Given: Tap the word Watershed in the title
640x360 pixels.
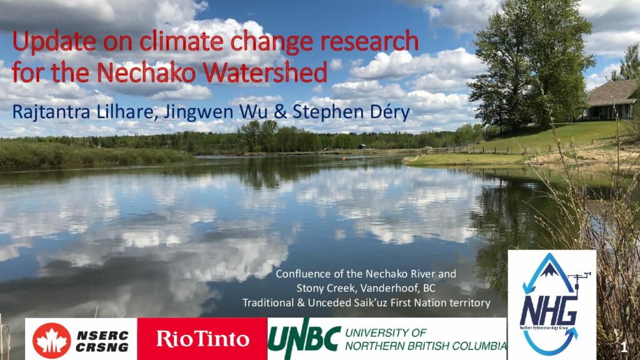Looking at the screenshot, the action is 265,72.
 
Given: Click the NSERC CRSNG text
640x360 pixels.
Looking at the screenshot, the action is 102,342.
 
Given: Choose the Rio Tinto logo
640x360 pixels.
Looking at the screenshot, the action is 202,339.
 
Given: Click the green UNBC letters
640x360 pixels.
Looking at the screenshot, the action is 304,339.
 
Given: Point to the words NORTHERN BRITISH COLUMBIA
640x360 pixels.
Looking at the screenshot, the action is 425,346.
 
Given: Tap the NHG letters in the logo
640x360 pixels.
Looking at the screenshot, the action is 549,311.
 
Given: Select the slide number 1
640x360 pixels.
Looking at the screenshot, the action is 624,347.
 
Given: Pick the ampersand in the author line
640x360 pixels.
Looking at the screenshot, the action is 280,112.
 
